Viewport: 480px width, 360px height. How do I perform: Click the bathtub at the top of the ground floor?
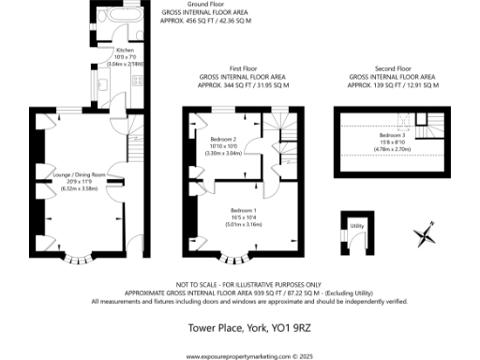[x=121, y=18]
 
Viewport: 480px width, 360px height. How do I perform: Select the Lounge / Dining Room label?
[x=79, y=175]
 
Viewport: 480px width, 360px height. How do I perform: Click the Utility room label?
[x=356, y=226]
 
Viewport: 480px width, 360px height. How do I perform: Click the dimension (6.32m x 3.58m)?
[x=79, y=187]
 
